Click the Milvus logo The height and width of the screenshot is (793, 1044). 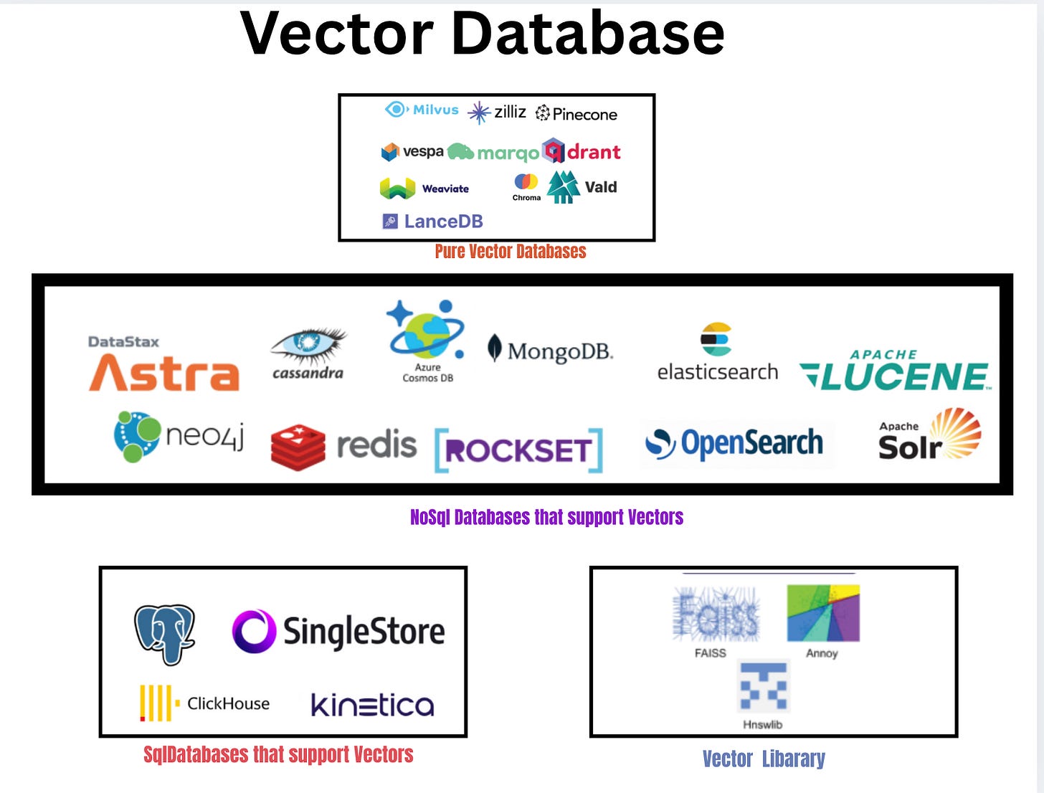point(422,110)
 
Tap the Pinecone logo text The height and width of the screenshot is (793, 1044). point(584,115)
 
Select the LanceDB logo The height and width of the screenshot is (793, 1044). point(432,221)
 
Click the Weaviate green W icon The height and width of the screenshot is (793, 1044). point(397,189)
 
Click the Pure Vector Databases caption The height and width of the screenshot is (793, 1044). point(511,252)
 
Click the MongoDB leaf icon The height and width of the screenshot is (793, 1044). point(494,348)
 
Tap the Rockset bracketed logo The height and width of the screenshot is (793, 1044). point(518,450)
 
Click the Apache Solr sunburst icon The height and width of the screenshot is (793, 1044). point(956,432)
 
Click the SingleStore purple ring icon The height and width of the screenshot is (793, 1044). point(254,631)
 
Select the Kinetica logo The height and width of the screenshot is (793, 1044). point(372,706)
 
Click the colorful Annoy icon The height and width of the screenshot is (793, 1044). point(822,613)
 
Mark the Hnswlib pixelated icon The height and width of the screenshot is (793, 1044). point(764,687)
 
